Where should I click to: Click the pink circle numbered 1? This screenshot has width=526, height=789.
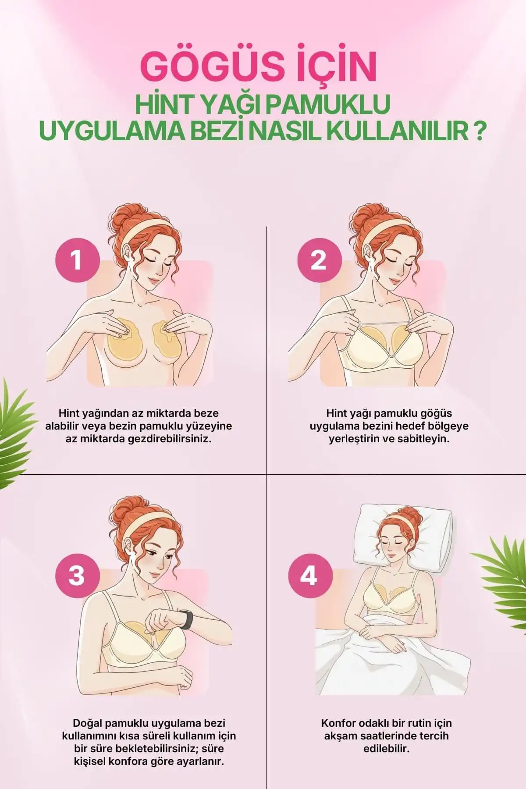click(x=77, y=259)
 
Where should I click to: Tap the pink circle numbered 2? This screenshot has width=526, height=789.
click(x=319, y=259)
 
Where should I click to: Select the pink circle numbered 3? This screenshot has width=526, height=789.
click(x=77, y=574)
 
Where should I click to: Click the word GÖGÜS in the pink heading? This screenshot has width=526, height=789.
click(x=207, y=67)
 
